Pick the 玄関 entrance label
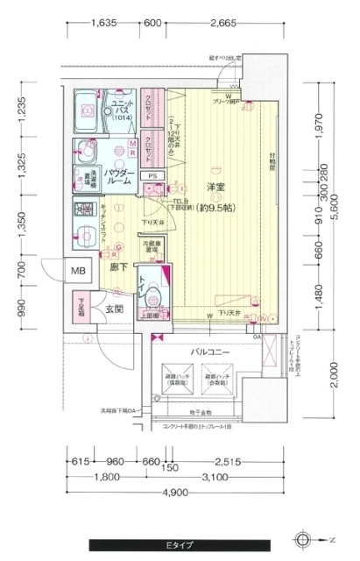click(115, 309)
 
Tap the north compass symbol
click(303, 539)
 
